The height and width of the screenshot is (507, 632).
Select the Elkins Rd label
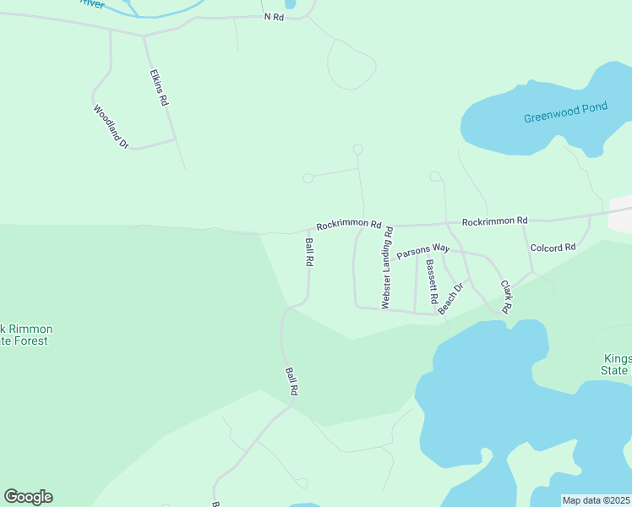click(158, 87)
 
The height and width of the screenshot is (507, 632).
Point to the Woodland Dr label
click(111, 127)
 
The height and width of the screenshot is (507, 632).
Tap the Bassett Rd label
click(431, 281)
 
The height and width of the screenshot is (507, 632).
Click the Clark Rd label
click(505, 297)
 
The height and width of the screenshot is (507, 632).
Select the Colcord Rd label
click(553, 248)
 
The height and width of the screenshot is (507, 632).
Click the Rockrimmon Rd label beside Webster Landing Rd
click(349, 226)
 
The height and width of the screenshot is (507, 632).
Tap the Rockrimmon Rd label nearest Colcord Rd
click(494, 221)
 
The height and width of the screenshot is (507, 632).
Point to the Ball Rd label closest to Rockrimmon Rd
click(309, 252)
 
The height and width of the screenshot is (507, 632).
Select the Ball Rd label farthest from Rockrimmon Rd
click(291, 381)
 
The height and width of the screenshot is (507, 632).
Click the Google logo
click(28, 497)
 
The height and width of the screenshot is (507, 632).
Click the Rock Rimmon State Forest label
click(25, 335)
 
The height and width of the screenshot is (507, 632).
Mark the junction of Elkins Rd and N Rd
click(144, 35)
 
